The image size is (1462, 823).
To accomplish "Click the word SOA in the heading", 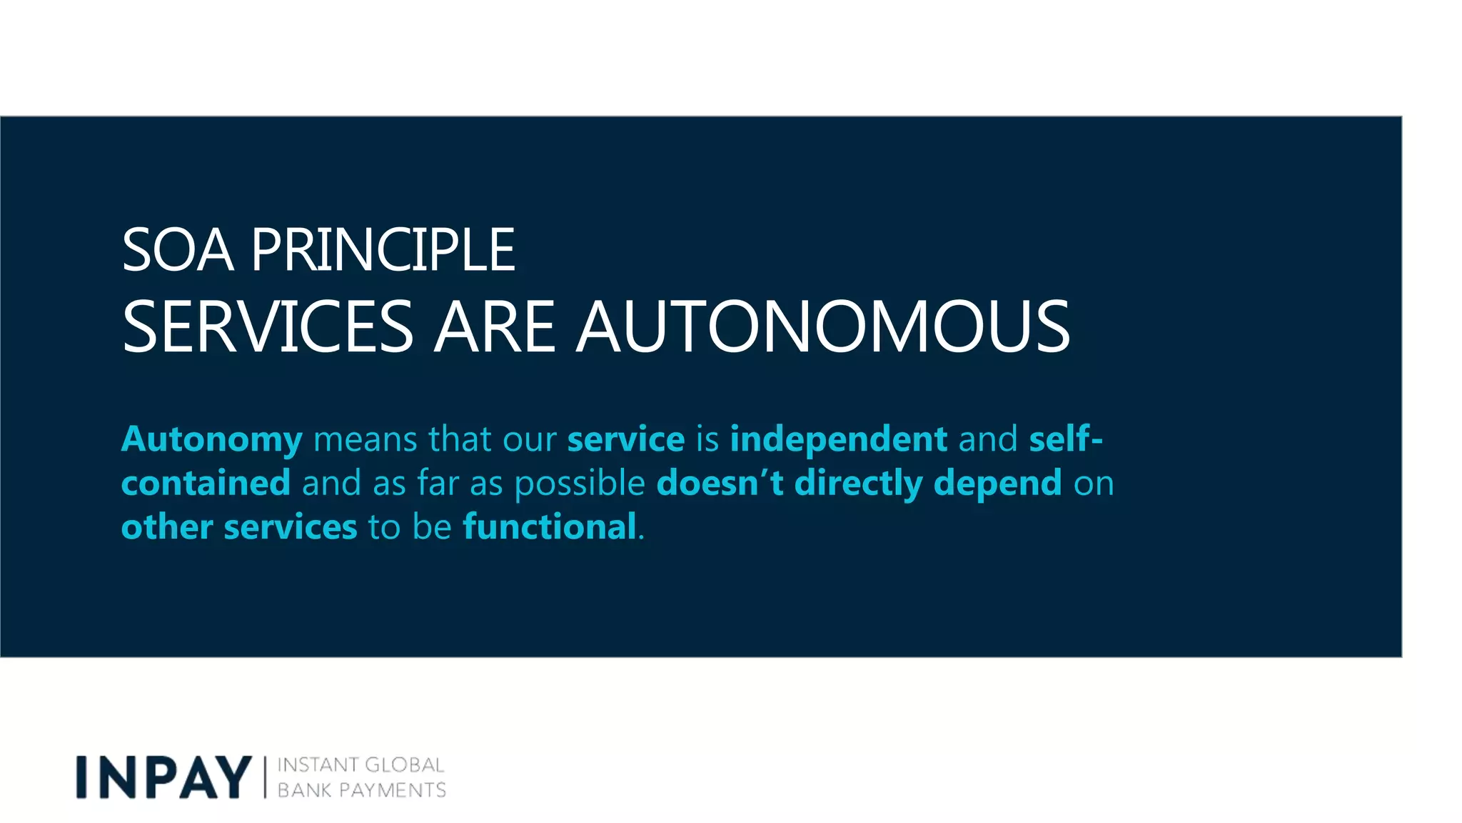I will coord(178,250).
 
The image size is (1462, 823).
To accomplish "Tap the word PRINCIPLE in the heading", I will coord(383,250).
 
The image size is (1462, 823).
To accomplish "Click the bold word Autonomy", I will coord(212,439).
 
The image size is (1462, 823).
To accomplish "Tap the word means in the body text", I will coord(365,439).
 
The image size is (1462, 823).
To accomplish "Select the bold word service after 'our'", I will coord(626,439).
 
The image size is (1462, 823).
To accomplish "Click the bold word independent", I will coord(839,439).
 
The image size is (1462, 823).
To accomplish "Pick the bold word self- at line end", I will coord(1066,439).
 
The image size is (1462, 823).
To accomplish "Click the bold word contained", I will coord(206,484).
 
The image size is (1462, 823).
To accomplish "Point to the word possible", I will coord(580,484).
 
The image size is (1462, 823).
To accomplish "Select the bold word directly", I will coord(858,484).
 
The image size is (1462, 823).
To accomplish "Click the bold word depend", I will coord(997,484).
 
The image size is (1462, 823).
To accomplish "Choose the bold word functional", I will coord(550,527).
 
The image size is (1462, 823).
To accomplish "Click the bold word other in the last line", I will coord(167,527).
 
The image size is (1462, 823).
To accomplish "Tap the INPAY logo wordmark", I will coord(164,777).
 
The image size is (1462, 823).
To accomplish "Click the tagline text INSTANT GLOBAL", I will coord(361,765).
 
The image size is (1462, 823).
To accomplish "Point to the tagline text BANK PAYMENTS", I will coord(361,790).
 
